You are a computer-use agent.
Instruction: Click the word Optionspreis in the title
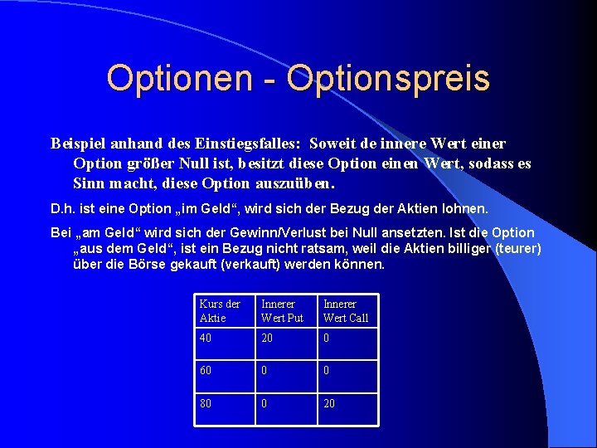pos(388,80)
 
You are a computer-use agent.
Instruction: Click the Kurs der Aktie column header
pos(220,311)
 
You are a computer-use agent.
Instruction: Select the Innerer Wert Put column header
pos(282,311)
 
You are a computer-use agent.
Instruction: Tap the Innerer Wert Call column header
pos(346,311)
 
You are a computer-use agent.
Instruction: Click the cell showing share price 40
pos(206,338)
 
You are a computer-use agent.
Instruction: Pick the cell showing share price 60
pos(206,370)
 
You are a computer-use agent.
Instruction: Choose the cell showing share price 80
pos(206,404)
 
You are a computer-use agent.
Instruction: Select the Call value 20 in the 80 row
pos(330,404)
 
